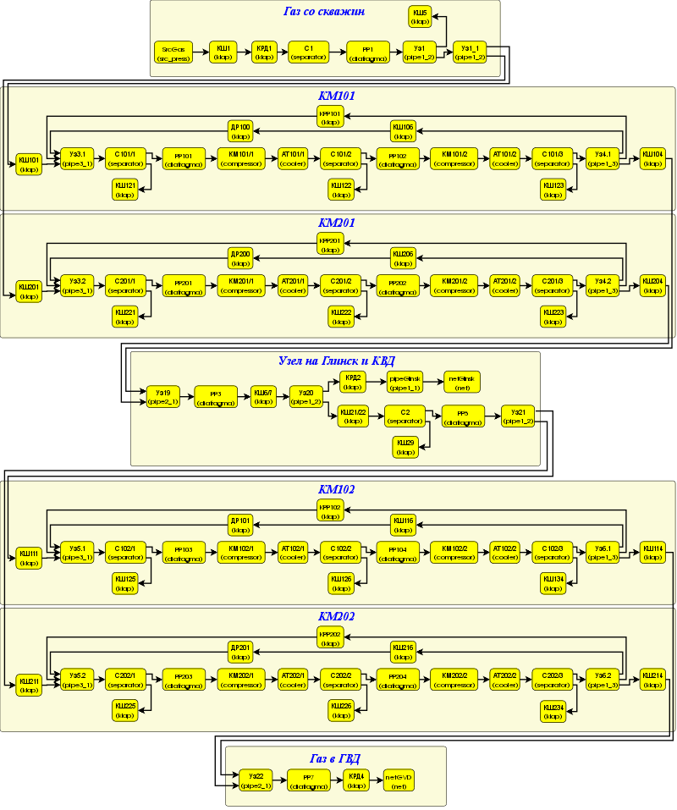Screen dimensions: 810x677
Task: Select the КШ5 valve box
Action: tap(421, 16)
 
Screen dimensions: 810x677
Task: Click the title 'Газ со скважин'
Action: tap(325, 12)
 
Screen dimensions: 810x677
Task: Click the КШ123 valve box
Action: tap(553, 189)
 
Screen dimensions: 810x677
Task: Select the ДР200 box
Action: tap(241, 258)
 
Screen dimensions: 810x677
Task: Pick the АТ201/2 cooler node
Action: tap(505, 286)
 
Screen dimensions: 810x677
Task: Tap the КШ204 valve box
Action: tap(652, 285)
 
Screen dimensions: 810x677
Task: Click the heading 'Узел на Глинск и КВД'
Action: tap(336, 361)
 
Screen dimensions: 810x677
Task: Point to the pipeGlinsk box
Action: tap(405, 382)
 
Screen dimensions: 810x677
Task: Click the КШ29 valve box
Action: tap(405, 447)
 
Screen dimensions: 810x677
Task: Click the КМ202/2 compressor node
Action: tap(454, 679)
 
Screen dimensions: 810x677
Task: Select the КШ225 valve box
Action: tap(127, 709)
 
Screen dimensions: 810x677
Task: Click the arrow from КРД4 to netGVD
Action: tap(376, 780)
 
